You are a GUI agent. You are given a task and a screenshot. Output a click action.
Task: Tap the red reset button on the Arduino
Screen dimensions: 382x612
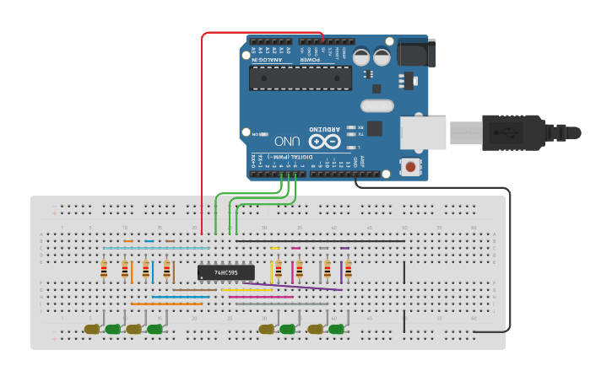(410, 167)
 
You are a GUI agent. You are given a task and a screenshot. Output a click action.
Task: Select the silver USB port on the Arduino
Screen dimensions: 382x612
(422, 132)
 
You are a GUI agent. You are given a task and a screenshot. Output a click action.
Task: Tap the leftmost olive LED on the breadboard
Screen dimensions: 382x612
(91, 329)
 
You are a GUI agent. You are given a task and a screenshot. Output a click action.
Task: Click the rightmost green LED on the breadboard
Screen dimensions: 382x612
(336, 329)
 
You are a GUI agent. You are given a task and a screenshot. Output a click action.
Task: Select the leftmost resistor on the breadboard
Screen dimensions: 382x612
(104, 270)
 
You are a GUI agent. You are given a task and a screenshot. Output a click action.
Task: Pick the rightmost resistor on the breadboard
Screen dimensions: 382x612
(348, 270)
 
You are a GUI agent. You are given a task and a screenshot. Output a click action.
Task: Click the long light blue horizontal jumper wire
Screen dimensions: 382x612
(156, 248)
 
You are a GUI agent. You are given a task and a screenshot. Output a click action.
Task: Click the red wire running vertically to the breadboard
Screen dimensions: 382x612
(202, 126)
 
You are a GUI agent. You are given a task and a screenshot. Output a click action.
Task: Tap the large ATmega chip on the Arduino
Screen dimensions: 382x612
(301, 78)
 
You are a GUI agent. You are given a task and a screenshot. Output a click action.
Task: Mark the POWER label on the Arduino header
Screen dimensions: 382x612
(311, 60)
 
